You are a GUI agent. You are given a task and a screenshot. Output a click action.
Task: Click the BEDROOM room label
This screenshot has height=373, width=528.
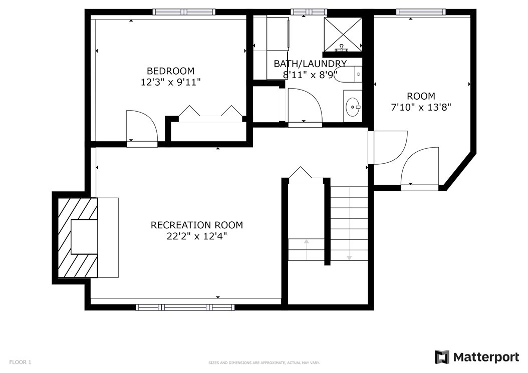(x=170, y=71)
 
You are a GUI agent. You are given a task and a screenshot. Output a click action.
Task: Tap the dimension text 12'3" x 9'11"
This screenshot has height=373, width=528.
(x=170, y=82)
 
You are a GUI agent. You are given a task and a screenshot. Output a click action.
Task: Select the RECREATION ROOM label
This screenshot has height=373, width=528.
(x=197, y=225)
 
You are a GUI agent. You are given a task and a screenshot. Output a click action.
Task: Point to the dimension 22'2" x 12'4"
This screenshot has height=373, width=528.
(x=197, y=236)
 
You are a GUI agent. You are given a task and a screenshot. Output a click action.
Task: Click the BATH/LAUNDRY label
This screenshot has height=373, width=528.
(x=310, y=64)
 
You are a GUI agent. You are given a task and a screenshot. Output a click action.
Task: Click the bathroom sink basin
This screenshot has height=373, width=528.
(x=353, y=107)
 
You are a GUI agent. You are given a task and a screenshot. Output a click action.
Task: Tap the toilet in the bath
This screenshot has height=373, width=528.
(x=348, y=74)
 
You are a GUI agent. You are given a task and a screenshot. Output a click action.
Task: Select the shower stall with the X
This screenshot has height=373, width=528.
(x=343, y=35)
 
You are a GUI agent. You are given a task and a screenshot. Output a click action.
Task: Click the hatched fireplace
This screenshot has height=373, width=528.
(x=78, y=238)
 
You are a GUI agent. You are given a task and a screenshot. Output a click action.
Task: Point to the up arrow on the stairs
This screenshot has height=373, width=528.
(x=307, y=250)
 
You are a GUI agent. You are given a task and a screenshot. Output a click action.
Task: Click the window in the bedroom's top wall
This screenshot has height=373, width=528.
(x=184, y=12)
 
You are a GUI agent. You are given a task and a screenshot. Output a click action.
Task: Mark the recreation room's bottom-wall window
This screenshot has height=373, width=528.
(x=185, y=307)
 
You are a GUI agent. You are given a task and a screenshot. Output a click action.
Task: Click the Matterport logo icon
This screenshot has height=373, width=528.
(x=442, y=357)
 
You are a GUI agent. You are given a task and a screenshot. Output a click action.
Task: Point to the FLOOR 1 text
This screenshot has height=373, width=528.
(x=20, y=362)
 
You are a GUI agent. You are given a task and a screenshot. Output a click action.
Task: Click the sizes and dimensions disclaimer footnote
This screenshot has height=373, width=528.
(x=264, y=363)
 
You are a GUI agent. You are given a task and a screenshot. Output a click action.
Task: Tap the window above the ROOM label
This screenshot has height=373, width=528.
(x=421, y=12)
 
